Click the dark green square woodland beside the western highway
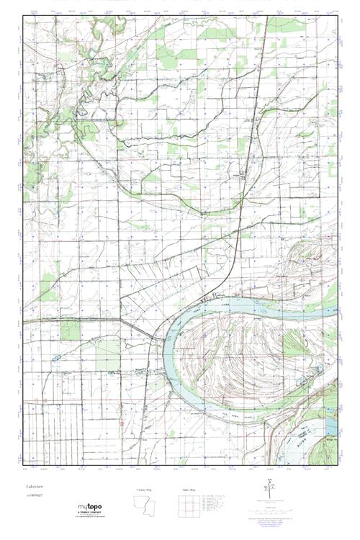coord(70,330)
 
